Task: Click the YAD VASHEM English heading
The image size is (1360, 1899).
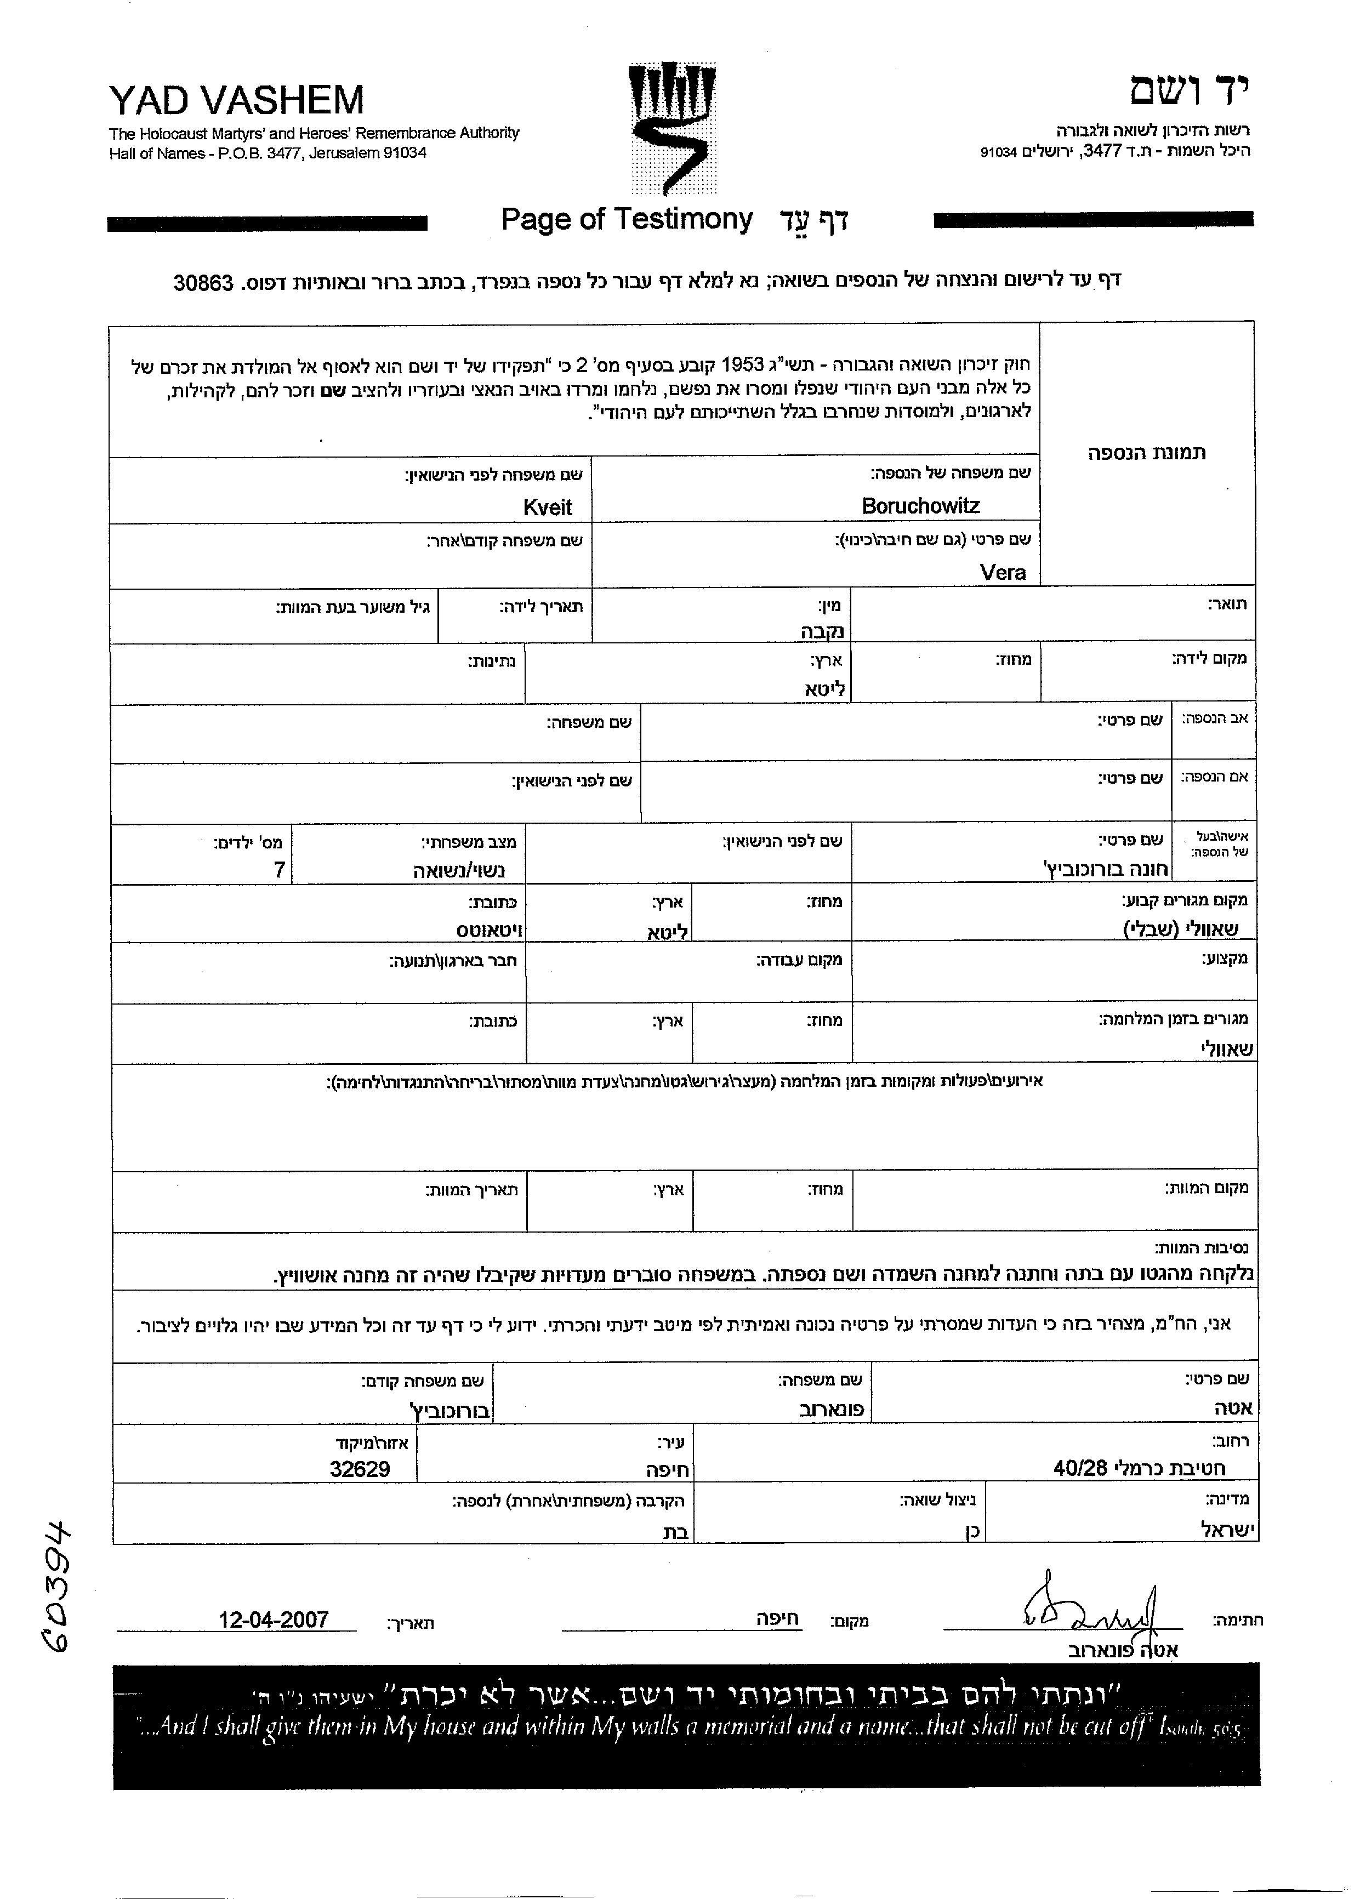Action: (x=236, y=100)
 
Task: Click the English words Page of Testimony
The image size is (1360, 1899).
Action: (x=627, y=219)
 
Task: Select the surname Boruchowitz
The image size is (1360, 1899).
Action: (x=920, y=506)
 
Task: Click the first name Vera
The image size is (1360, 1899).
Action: (x=1003, y=573)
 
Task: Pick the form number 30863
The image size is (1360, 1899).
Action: (x=203, y=283)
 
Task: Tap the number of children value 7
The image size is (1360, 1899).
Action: (x=280, y=870)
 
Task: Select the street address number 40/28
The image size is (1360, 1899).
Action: (x=1080, y=1468)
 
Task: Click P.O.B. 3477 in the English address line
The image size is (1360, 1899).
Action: (x=256, y=153)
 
